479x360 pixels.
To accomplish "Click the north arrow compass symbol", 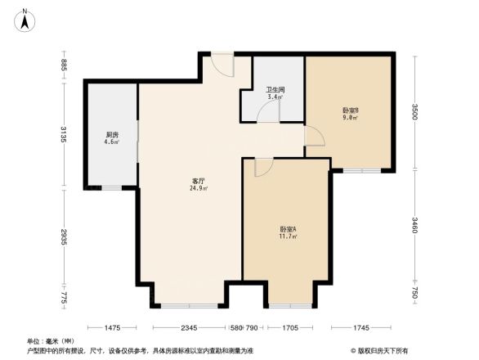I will (x=26, y=18).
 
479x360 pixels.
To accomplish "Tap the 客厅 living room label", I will (x=198, y=181).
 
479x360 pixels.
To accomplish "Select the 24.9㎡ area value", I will (x=199, y=188).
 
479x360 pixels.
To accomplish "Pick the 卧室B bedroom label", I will (x=350, y=110).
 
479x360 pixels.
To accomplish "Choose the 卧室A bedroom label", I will (x=288, y=229).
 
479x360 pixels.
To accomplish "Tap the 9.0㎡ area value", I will (x=350, y=118).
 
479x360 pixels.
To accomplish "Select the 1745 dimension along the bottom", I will (x=360, y=328).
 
